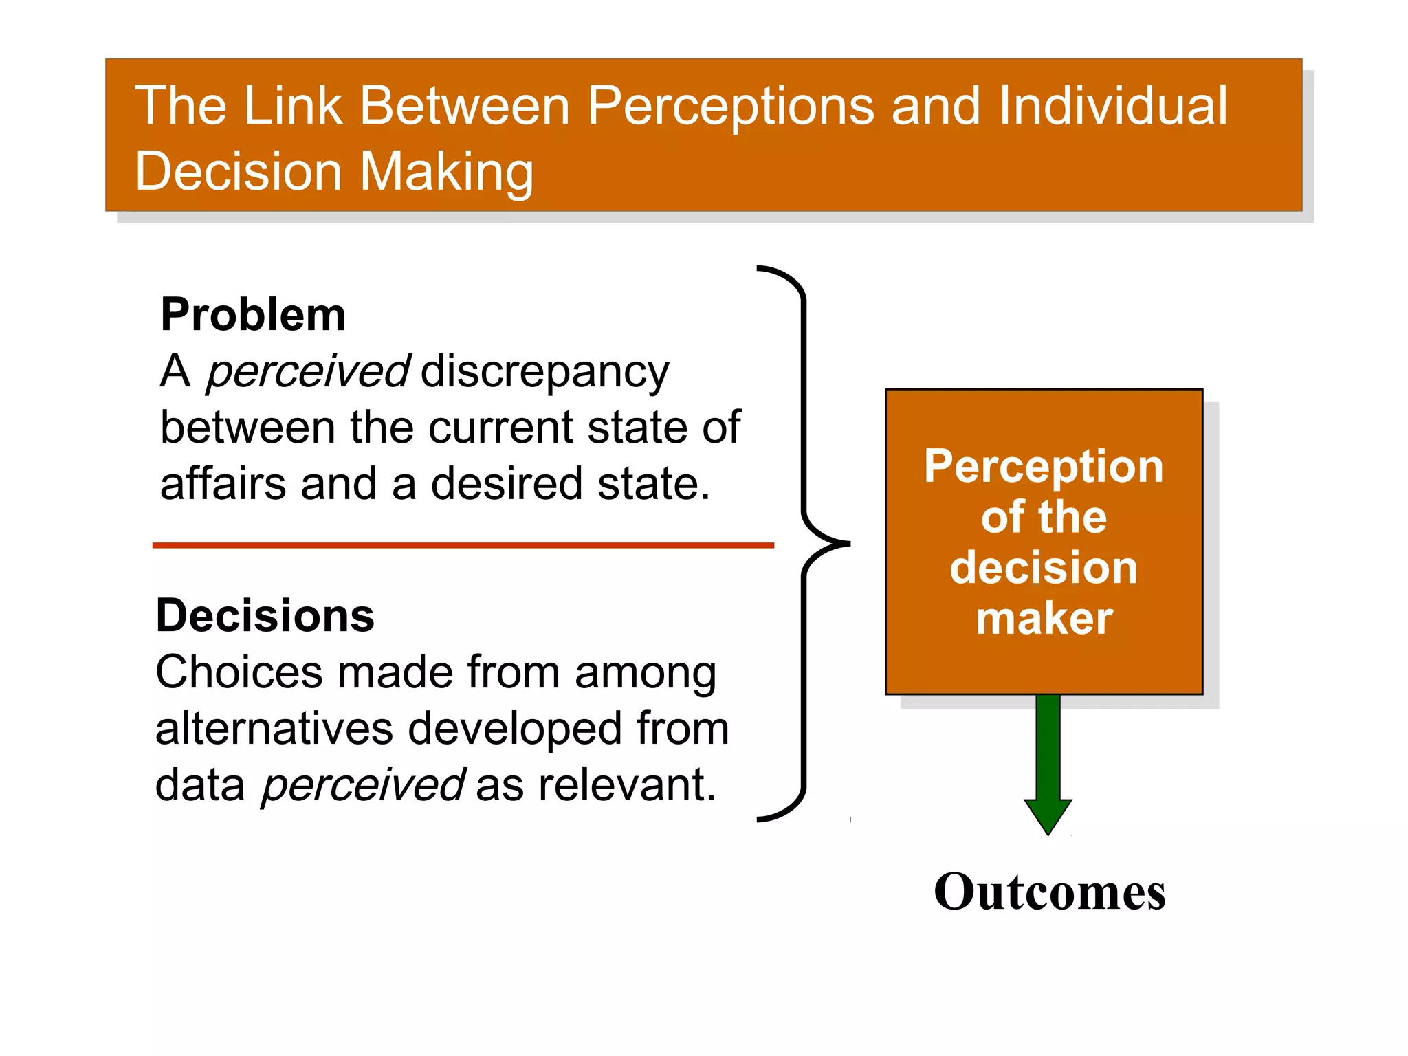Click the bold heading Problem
[252, 315]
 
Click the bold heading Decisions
[265, 615]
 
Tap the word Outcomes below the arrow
[1049, 892]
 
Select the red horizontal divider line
[463, 545]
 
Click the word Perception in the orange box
[1044, 466]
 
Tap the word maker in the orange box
[1044, 619]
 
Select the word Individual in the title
[1112, 106]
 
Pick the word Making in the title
[446, 172]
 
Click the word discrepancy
[544, 372]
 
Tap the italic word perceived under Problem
[308, 372]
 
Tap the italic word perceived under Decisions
[363, 785]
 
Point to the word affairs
[223, 483]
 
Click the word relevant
[626, 785]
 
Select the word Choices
[239, 672]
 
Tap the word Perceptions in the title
[731, 106]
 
